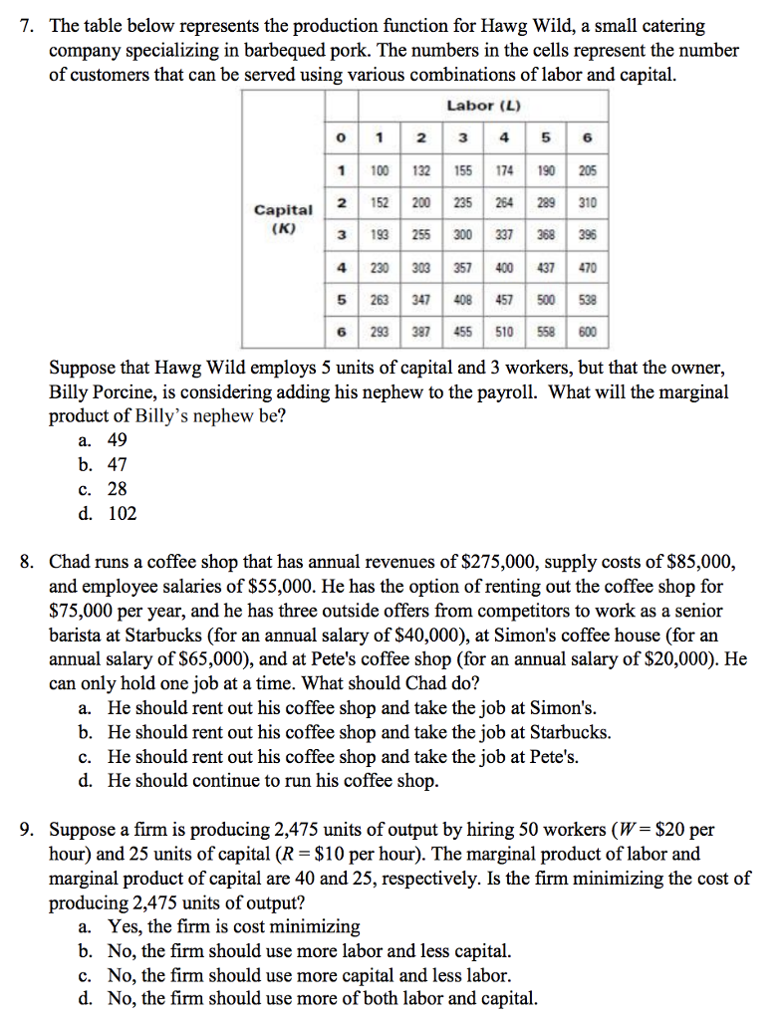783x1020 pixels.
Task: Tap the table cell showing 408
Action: pos(462,300)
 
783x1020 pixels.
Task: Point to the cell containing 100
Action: pos(380,171)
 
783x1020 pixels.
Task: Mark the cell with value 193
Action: pos(380,236)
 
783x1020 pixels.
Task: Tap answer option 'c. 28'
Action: pos(104,489)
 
